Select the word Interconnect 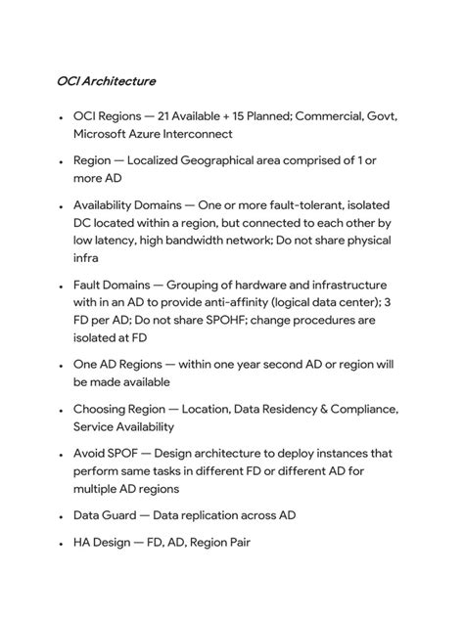point(196,133)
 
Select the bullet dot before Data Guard point(61,516)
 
